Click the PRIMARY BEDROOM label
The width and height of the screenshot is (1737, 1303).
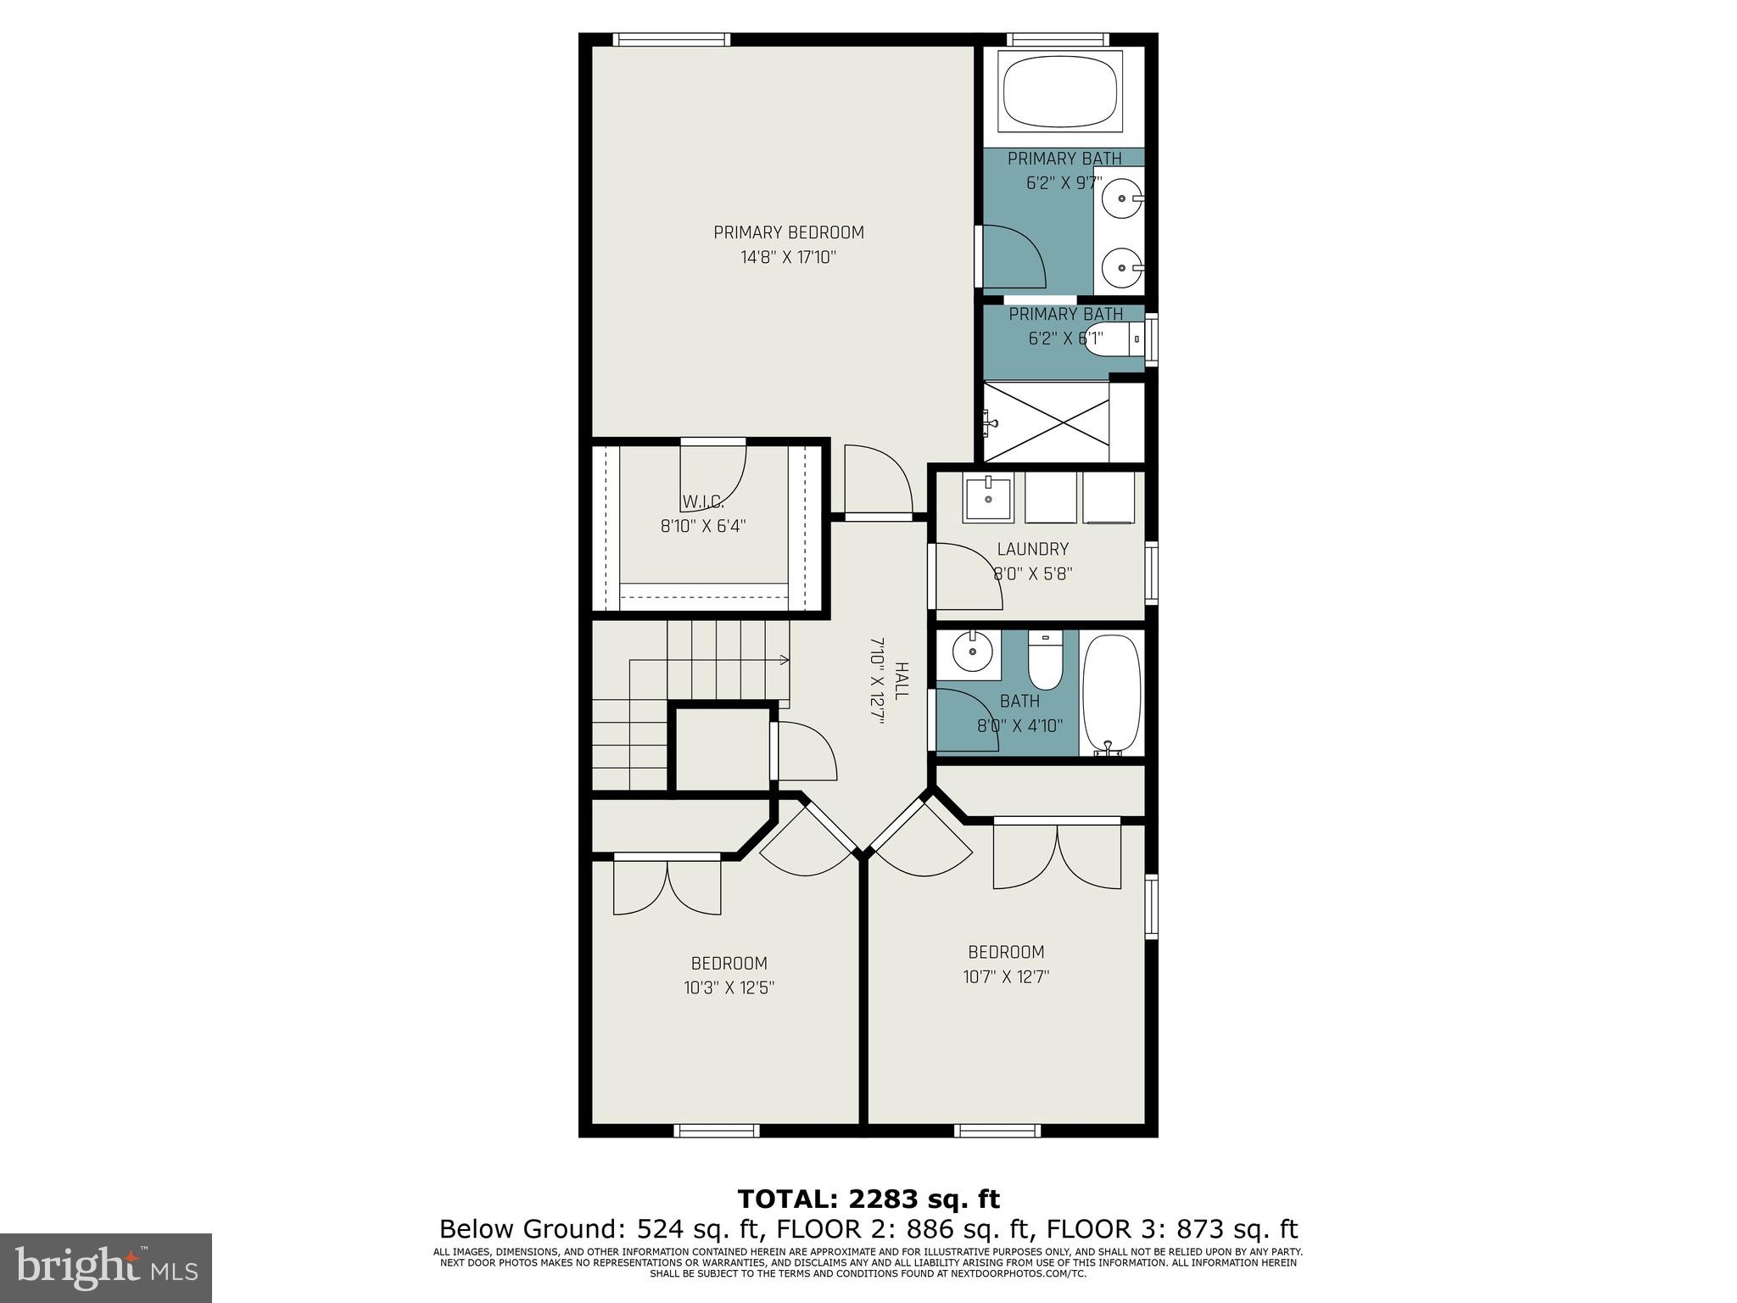click(788, 232)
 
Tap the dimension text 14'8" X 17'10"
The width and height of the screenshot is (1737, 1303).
click(788, 257)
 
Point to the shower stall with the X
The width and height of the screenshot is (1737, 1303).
click(1046, 422)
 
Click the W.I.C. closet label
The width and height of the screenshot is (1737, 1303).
click(703, 501)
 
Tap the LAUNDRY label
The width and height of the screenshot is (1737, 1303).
click(1032, 549)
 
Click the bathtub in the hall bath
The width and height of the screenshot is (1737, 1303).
click(1111, 691)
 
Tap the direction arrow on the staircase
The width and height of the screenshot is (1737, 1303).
click(782, 659)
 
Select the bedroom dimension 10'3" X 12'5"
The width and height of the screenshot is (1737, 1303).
click(729, 988)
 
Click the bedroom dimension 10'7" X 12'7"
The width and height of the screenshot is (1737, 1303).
click(1006, 976)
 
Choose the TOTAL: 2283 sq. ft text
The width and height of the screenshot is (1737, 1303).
click(868, 1199)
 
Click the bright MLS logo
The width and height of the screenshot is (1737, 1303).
click(106, 1267)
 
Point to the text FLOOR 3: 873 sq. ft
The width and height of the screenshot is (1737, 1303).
click(1171, 1229)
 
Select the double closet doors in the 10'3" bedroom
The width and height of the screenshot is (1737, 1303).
click(667, 887)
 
